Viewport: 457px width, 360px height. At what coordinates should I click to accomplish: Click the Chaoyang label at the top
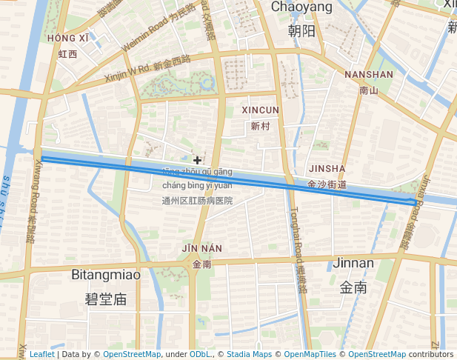[301, 7]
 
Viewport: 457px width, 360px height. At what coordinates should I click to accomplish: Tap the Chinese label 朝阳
[301, 30]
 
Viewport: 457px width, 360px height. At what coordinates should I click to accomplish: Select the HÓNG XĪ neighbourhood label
[67, 38]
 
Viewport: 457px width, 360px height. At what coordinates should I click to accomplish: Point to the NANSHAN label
[368, 75]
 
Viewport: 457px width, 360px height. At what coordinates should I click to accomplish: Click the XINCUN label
[261, 110]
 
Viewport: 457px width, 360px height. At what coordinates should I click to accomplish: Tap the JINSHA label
[327, 168]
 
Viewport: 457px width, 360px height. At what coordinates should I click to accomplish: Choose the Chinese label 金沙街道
[327, 184]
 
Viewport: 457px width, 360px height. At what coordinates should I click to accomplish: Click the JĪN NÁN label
[201, 247]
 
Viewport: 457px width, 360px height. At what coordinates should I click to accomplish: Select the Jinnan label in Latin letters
[354, 263]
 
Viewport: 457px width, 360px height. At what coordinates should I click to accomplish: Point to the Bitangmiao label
[106, 275]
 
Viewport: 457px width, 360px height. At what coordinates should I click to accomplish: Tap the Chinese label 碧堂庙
[106, 299]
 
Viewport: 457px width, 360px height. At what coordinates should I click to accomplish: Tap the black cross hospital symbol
[197, 160]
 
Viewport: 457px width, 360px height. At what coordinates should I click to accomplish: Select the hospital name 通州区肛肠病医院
[197, 201]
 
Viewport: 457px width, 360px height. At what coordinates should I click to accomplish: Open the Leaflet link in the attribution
[41, 354]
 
